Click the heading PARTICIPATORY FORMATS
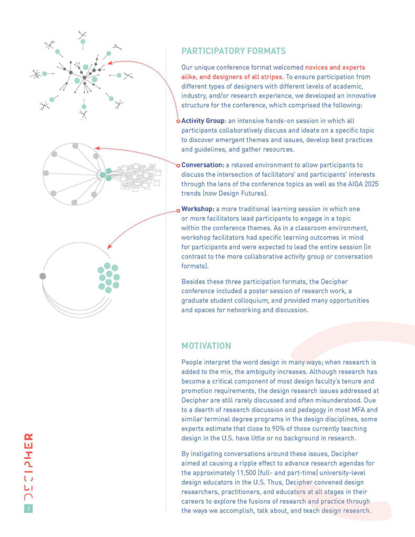click(x=233, y=51)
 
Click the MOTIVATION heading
click(x=206, y=346)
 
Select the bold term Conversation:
click(x=202, y=165)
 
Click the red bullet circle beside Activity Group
click(x=178, y=121)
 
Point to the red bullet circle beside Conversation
click(x=178, y=165)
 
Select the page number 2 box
click(x=28, y=508)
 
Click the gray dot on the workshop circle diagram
click(x=43, y=276)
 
